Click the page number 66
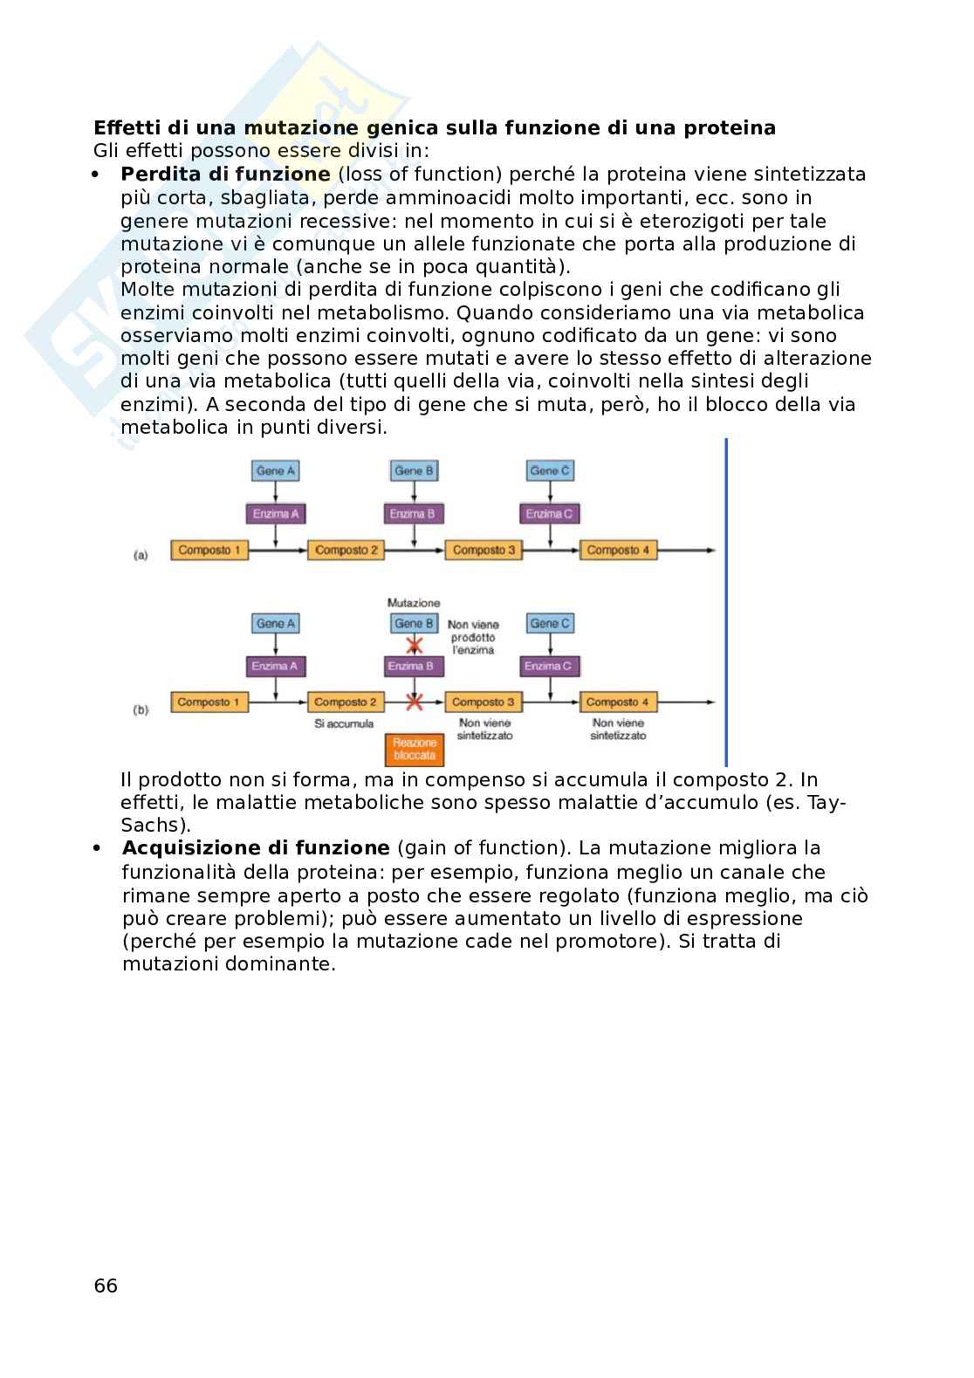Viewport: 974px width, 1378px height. point(105,1285)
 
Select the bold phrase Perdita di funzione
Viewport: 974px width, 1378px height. point(225,174)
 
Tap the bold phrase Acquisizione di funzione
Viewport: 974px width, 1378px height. point(256,848)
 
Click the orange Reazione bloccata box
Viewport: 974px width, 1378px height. point(415,749)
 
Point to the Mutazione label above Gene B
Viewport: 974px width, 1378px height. point(414,603)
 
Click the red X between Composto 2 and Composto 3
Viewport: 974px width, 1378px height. point(415,701)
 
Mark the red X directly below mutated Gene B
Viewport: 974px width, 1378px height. point(415,645)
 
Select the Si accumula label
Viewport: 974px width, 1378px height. point(344,723)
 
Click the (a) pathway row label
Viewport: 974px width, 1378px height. point(141,554)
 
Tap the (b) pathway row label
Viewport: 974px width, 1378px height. point(141,710)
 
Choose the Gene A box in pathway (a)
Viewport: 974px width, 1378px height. point(276,471)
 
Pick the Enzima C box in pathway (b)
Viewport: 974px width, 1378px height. point(550,666)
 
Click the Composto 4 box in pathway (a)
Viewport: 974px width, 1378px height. point(618,550)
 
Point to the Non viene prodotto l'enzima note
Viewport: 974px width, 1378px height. point(473,637)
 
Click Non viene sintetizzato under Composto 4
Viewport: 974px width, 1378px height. point(618,729)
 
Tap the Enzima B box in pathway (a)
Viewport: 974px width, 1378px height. point(413,513)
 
